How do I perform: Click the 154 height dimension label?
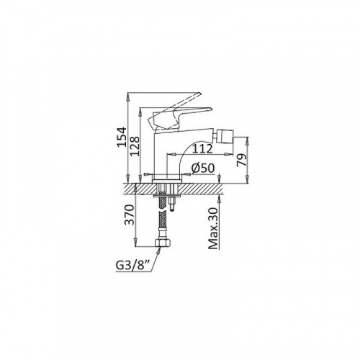(122, 137)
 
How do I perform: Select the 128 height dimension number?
(135, 146)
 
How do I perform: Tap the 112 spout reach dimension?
(202, 149)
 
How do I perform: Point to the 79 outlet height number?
(241, 160)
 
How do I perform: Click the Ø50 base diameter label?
(203, 168)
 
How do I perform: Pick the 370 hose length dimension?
(130, 215)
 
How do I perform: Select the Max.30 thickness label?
(213, 228)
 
